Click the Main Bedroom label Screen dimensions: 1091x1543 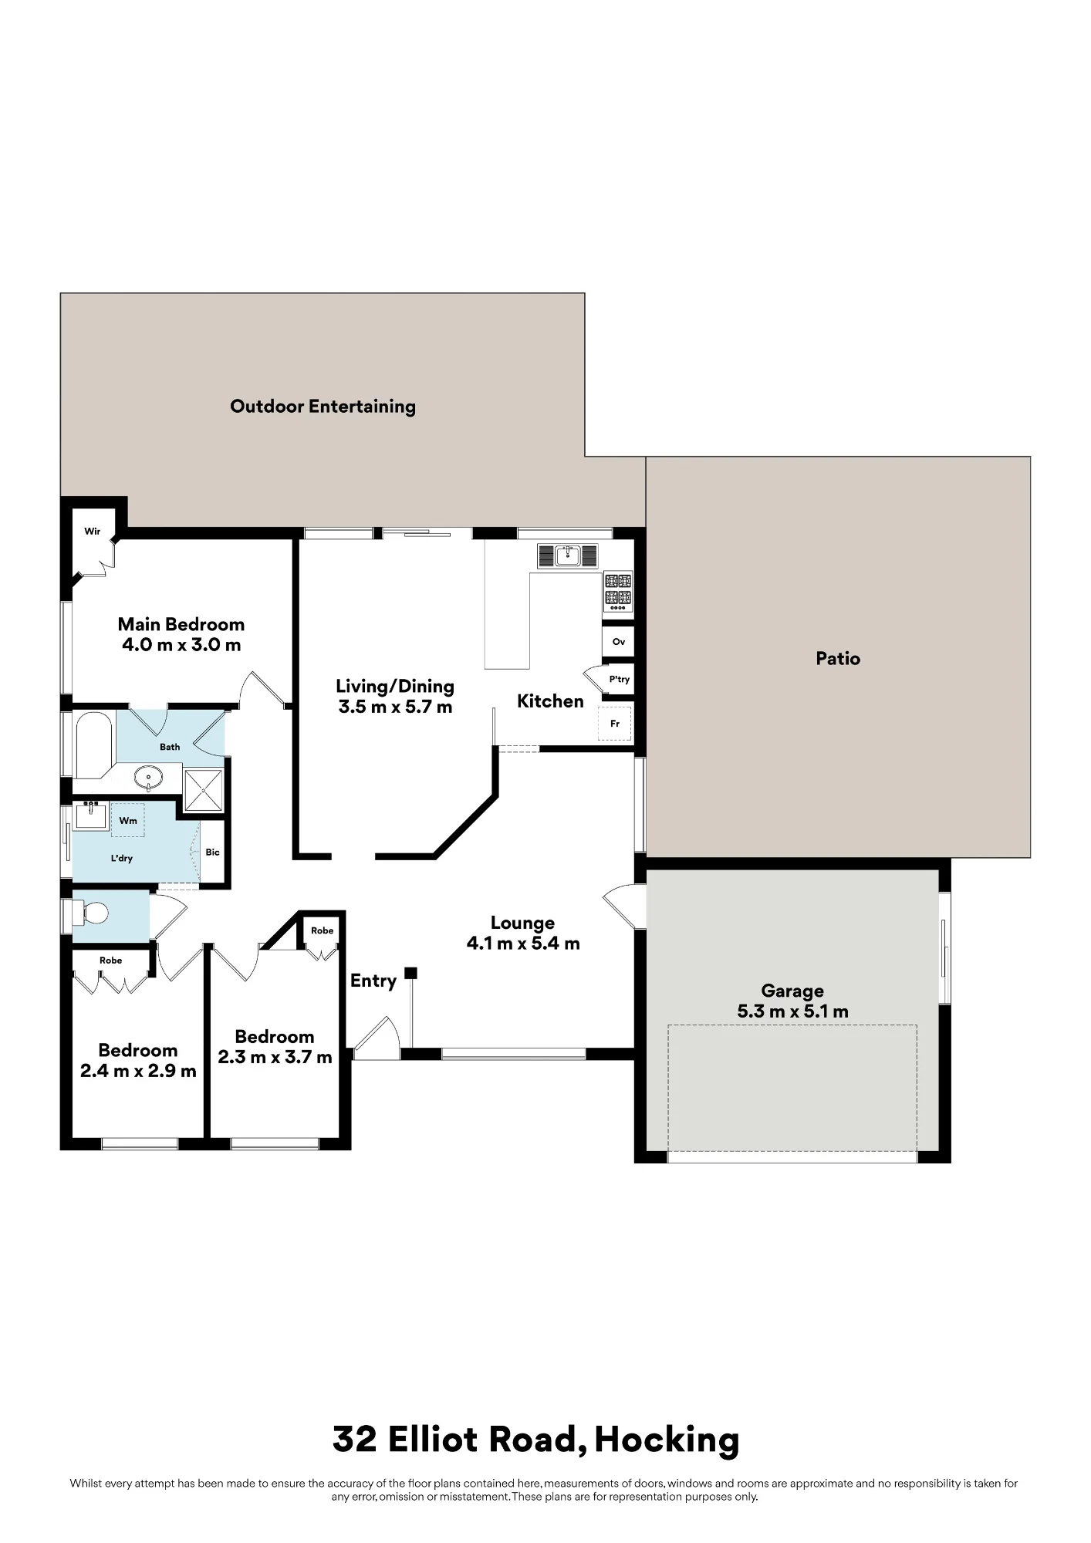pos(181,624)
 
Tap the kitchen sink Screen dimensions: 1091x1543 pos(568,555)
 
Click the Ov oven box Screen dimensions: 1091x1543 pos(618,642)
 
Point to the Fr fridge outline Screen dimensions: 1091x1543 pos(615,724)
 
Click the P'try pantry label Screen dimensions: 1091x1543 pos(620,680)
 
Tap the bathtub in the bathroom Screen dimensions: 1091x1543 pos(94,745)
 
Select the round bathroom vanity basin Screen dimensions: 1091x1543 pos(148,778)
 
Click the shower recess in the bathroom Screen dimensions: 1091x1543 pos(203,790)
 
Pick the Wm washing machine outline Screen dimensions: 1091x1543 pos(128,820)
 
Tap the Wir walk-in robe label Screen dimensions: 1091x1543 pos(93,532)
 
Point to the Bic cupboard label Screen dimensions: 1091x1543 pos(212,853)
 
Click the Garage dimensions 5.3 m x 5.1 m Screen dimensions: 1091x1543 pos(792,1011)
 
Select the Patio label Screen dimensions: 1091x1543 pos(838,659)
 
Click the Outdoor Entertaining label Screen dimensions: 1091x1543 pos(323,407)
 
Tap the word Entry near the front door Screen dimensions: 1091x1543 pos(373,981)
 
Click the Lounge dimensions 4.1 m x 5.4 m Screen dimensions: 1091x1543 pos(523,944)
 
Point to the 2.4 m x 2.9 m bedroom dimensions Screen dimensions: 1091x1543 pos(138,1072)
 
